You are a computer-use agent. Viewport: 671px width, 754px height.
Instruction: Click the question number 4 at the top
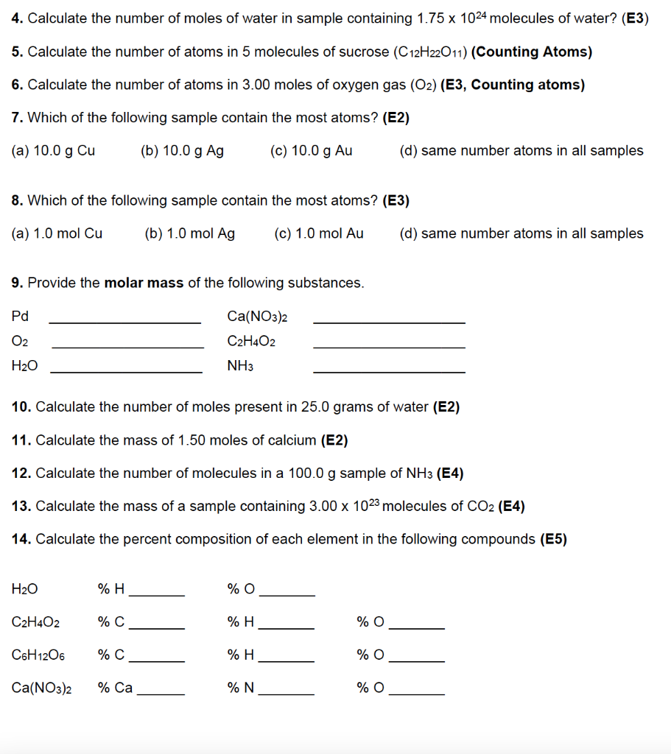17,18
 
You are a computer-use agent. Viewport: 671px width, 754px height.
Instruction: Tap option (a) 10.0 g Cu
54,151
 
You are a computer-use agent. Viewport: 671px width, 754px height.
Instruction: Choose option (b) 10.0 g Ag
182,151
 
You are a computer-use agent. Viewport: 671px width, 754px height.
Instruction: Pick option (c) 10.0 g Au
311,151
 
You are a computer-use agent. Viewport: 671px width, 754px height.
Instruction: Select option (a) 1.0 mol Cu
57,233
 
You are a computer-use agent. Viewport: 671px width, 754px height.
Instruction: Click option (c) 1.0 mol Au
318,233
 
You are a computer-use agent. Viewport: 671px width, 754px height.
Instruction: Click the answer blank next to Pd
124,321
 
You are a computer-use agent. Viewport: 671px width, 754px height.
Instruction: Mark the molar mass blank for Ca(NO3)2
389,321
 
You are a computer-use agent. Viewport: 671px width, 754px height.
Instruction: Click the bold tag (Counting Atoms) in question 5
531,52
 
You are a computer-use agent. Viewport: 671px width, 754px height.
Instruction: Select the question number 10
21,406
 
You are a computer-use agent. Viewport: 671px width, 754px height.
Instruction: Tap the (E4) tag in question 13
511,506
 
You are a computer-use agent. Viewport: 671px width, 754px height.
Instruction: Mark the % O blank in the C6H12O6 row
416,660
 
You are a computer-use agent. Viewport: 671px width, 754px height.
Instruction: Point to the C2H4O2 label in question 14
36,622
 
